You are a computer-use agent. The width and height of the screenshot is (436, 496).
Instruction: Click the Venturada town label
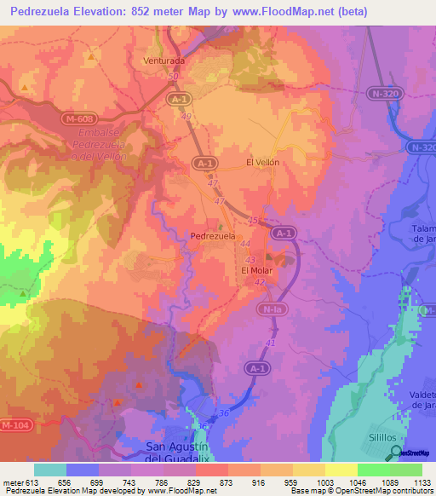(163, 61)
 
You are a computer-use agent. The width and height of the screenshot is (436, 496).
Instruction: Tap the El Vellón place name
(262, 162)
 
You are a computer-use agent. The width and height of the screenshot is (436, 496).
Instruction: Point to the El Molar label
(255, 271)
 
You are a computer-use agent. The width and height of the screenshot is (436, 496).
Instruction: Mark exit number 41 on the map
(270, 342)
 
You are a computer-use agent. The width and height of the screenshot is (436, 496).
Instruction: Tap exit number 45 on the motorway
(251, 221)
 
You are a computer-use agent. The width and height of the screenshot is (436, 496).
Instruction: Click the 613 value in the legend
(25, 482)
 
